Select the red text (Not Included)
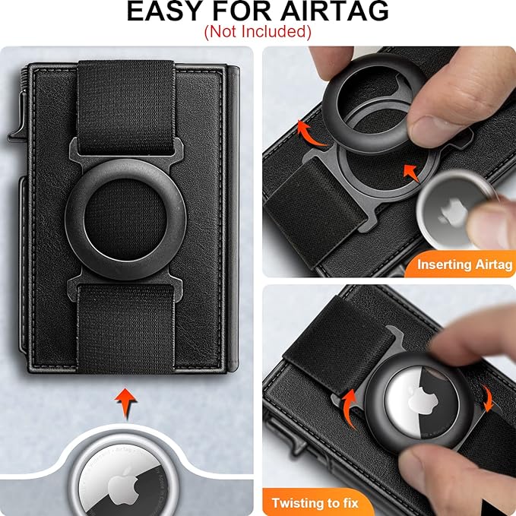point(258,32)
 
